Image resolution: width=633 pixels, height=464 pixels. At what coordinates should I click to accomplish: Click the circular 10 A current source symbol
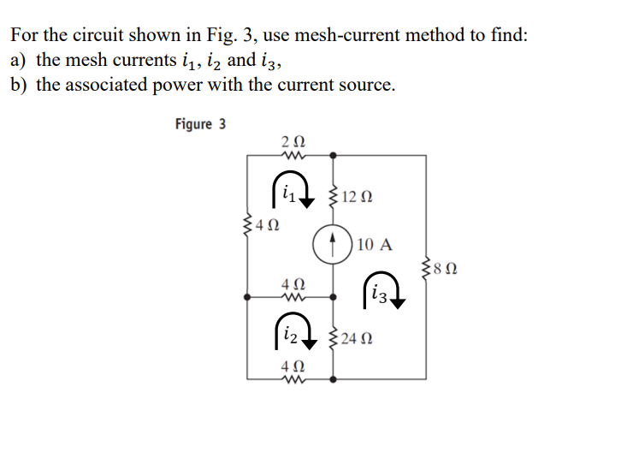[333, 244]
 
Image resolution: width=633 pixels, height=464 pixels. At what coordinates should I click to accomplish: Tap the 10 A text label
[376, 245]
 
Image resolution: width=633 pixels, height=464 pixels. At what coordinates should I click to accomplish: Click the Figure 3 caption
[200, 124]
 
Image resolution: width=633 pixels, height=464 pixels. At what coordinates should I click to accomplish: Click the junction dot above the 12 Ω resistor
[333, 156]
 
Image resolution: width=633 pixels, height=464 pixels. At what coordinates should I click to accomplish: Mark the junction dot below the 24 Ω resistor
[333, 378]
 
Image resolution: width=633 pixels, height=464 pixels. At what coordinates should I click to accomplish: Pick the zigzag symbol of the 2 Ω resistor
[291, 155]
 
